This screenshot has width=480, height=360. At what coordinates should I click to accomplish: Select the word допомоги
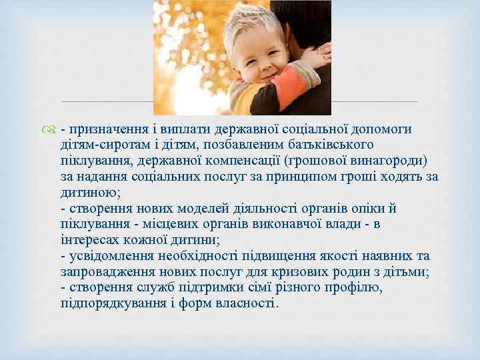401,129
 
